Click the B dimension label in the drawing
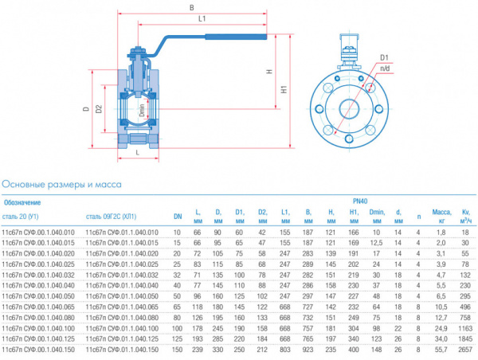(191, 9)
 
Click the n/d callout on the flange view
(385, 68)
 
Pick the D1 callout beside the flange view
(384, 57)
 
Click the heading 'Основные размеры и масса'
(62, 184)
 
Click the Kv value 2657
(466, 350)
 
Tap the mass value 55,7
(441, 350)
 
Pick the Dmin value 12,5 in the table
(377, 241)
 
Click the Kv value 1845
(466, 338)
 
